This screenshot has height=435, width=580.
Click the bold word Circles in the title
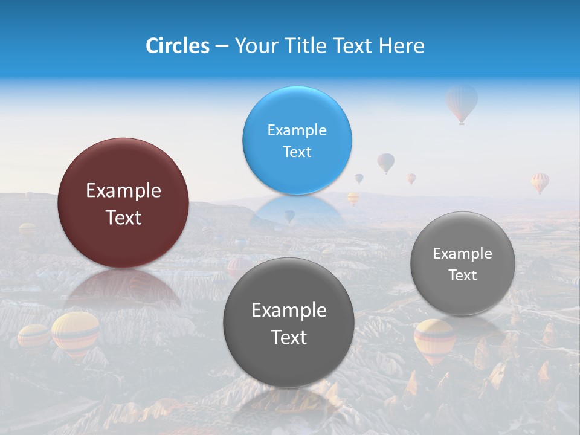178,46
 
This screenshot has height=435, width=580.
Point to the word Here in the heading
401,46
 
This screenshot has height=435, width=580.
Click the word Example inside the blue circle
297,130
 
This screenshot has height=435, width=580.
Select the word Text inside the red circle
123,217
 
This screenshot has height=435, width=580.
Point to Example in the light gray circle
463,254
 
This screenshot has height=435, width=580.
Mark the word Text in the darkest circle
289,337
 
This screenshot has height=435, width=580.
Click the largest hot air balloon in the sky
462,101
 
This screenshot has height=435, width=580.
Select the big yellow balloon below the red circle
76,333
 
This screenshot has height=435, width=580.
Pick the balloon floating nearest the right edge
540,181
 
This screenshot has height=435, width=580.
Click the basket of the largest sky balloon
462,123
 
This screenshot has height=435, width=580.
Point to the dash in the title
222,47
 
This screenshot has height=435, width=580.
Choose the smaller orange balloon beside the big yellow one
34,336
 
